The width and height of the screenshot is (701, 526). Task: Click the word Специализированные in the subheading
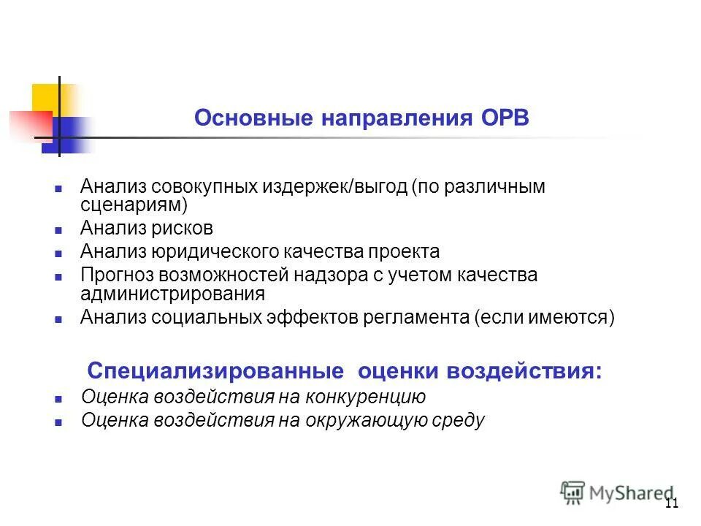pyautogui.click(x=215, y=370)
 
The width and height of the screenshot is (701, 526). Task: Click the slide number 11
pyautogui.click(x=672, y=503)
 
